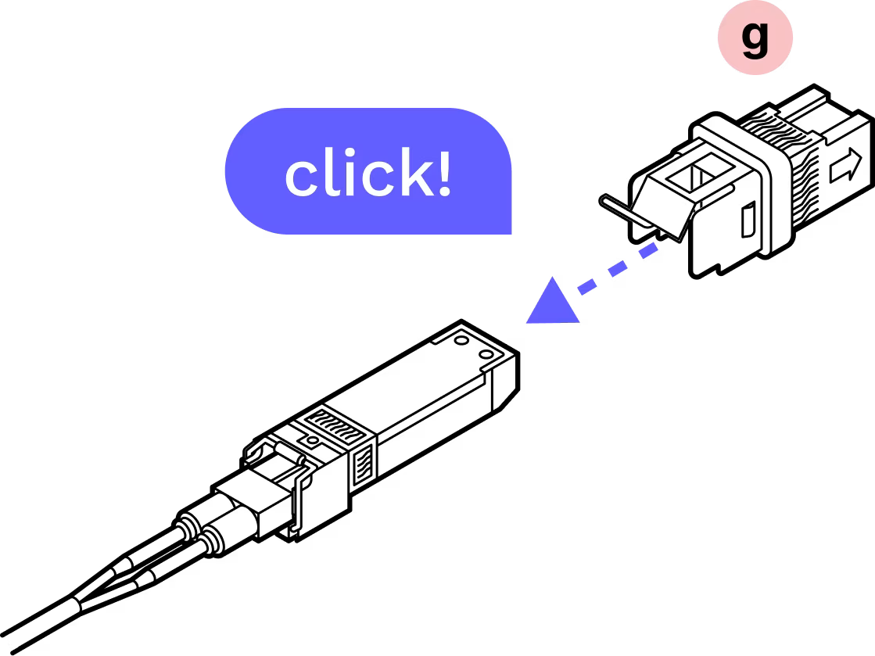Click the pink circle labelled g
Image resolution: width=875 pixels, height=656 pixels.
point(755,38)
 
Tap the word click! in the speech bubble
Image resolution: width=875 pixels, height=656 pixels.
point(368,174)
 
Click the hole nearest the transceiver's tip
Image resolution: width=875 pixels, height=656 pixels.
point(486,356)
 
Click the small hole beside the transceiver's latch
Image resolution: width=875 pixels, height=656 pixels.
point(314,442)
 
